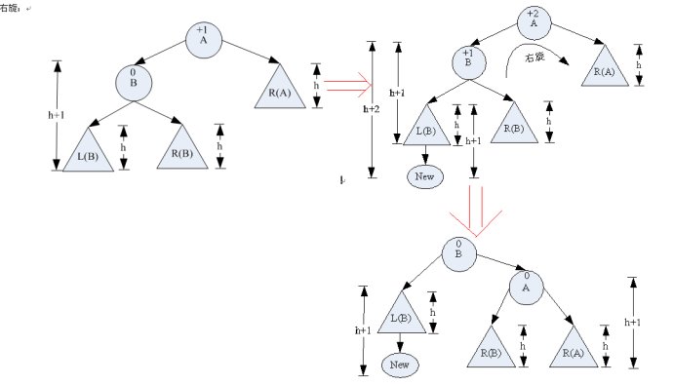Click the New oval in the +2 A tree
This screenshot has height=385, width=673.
click(425, 176)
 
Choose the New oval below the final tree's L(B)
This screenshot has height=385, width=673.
click(400, 365)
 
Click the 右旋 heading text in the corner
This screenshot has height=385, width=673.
click(13, 8)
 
